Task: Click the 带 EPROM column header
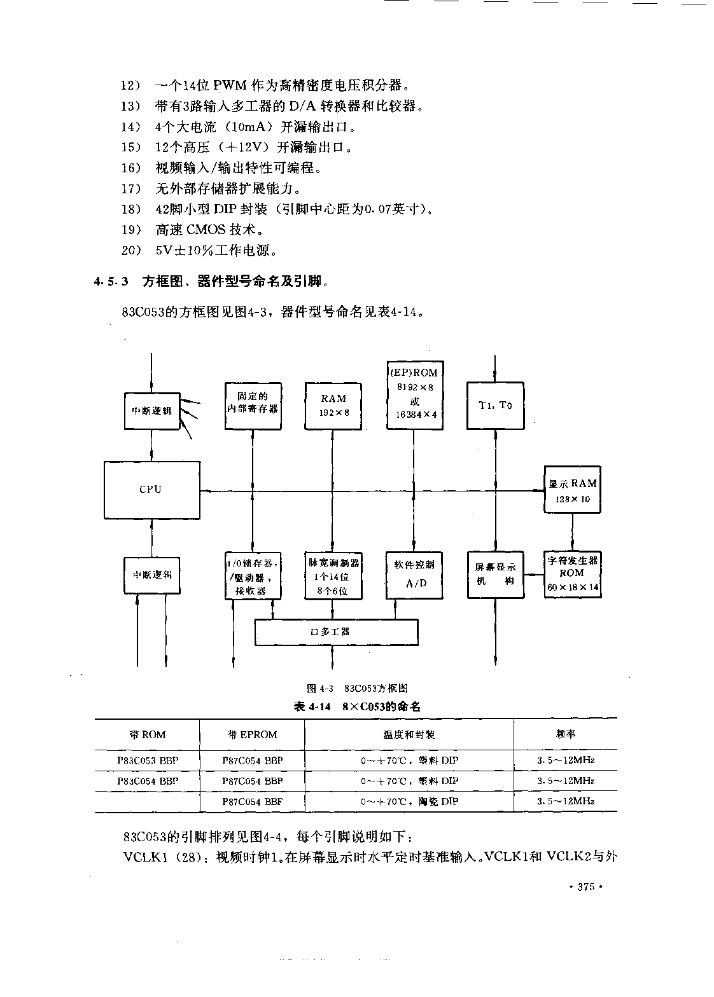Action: pyautogui.click(x=252, y=735)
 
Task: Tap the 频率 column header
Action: pyautogui.click(x=565, y=734)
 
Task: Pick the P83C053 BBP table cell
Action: pyautogui.click(x=148, y=760)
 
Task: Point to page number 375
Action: pyautogui.click(x=585, y=886)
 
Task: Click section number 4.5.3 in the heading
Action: pyautogui.click(x=111, y=281)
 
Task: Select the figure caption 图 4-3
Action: pyautogui.click(x=320, y=689)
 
